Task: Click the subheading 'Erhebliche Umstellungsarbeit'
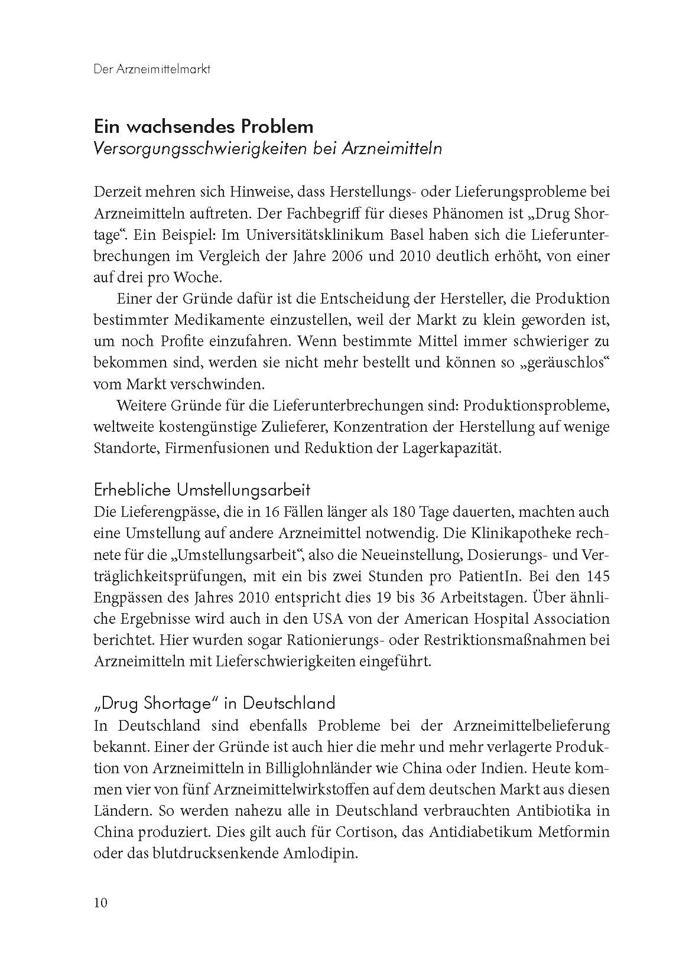coord(202,490)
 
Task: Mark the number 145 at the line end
coord(597,575)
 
